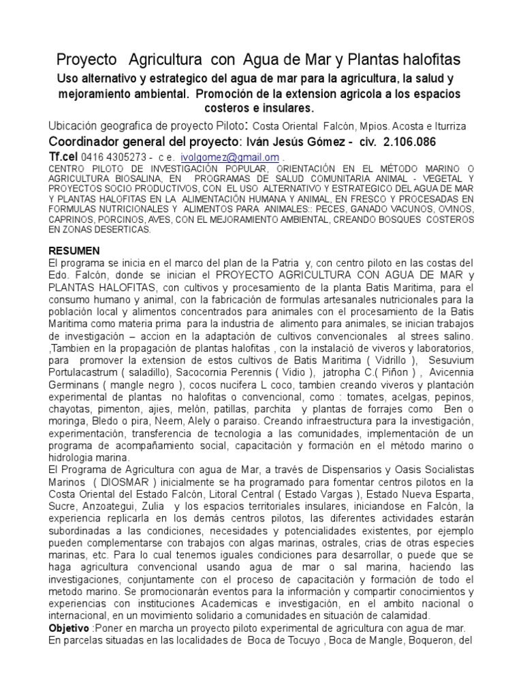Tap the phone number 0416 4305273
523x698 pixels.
tap(110, 157)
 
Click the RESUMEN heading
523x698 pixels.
tap(75, 251)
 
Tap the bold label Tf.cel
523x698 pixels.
tap(64, 156)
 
